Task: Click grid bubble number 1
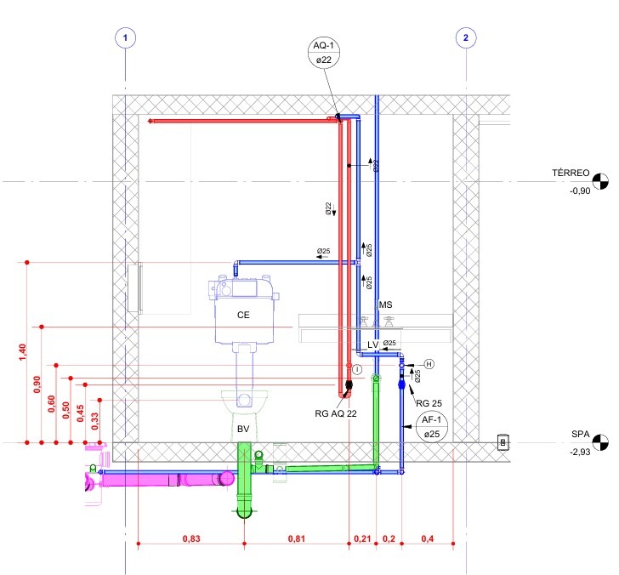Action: (126, 37)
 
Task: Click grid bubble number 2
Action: (466, 37)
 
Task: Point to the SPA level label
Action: (582, 434)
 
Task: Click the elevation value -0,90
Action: (580, 191)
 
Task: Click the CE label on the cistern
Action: (244, 315)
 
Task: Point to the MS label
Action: (386, 304)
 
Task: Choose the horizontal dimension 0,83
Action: (190, 538)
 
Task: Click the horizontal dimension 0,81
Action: (297, 538)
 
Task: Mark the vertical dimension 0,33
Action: (95, 420)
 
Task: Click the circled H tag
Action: (429, 364)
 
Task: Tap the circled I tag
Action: (358, 368)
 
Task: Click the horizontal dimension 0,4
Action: (427, 538)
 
